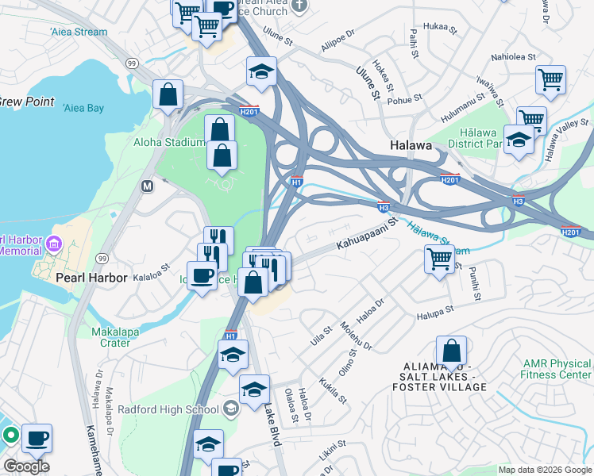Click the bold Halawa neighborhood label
pos(411,146)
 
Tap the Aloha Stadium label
pos(168,142)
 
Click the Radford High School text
pos(168,409)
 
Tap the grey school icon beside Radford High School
pos(231,409)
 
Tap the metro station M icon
pos(147,186)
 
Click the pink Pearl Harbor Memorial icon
pos(54,241)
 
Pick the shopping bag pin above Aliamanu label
pos(451,351)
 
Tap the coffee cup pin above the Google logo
pos(36,438)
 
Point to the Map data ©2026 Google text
pos(544,470)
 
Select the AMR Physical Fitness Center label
pos(556,369)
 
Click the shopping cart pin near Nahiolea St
pos(550,79)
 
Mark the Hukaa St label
pos(441,29)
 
